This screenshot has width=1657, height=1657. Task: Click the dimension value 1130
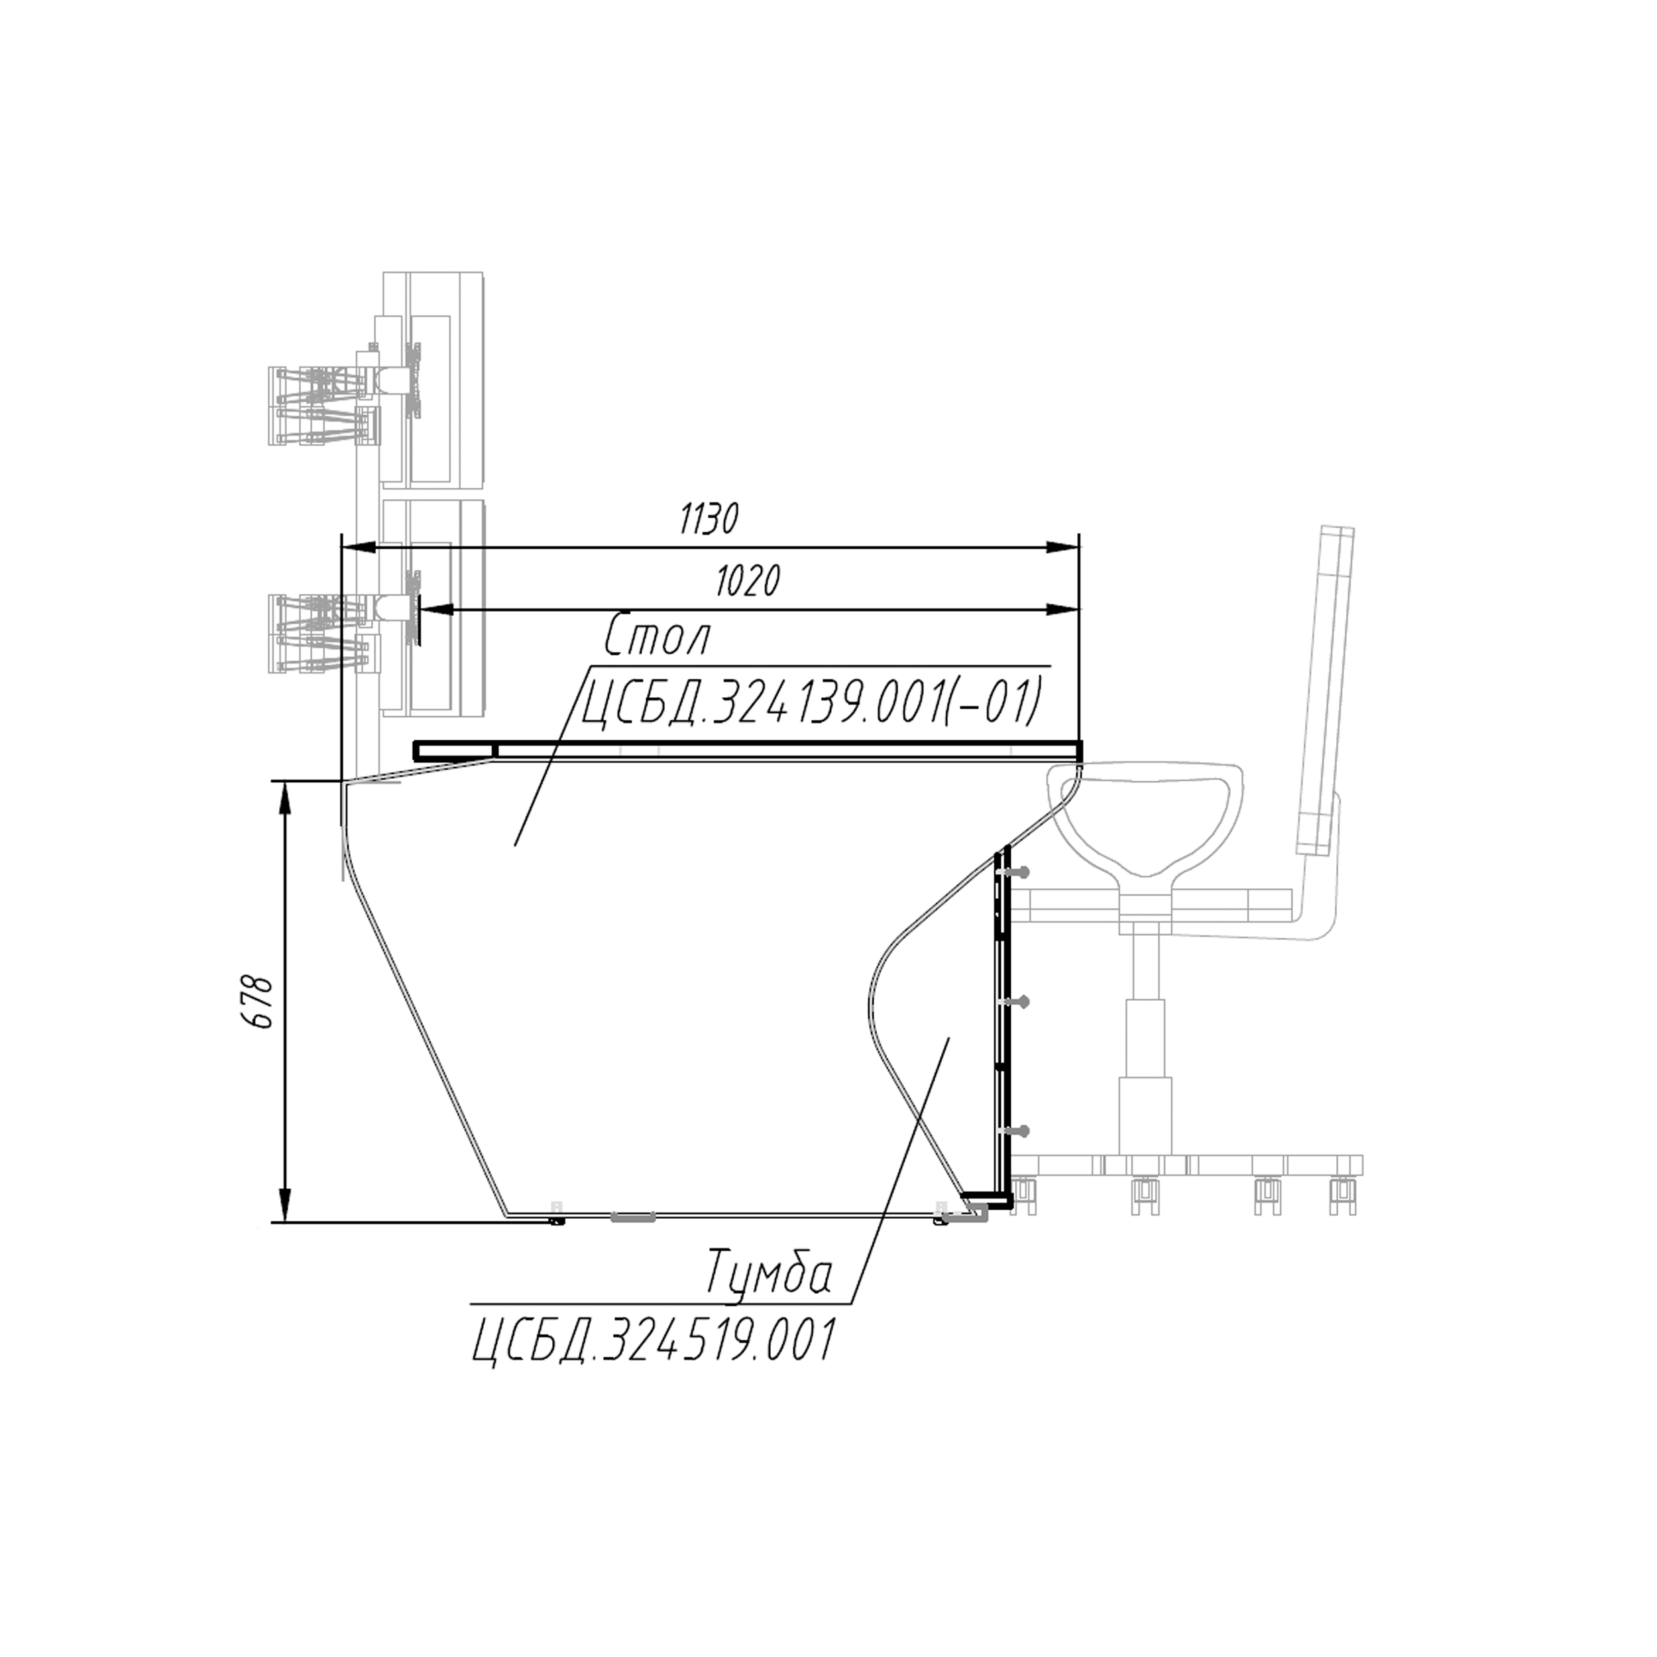click(x=709, y=520)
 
